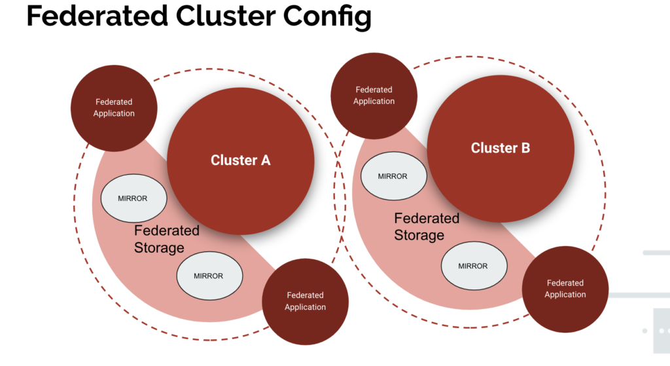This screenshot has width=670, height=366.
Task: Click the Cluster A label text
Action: [240, 160]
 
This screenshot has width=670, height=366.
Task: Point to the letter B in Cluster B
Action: [524, 149]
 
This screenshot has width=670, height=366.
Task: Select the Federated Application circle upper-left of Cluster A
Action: [114, 108]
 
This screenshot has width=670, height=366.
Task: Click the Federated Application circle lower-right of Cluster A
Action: [305, 301]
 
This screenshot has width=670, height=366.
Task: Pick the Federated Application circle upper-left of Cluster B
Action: [374, 96]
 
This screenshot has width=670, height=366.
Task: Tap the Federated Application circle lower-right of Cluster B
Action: [565, 289]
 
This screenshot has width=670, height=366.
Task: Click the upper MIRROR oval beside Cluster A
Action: [133, 198]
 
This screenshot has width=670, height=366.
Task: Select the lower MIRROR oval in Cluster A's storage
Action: [209, 276]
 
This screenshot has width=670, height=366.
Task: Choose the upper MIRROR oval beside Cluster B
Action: [393, 176]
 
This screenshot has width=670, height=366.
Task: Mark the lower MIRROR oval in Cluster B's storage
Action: [473, 266]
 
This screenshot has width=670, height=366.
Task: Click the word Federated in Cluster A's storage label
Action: [167, 231]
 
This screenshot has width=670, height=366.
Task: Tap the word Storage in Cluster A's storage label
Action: [159, 247]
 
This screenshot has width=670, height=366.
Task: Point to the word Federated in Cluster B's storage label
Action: [427, 219]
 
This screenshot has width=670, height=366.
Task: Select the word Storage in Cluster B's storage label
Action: [419, 235]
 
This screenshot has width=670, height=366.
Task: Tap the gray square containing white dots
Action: [661, 331]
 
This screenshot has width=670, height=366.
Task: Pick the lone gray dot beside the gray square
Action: [644, 331]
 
